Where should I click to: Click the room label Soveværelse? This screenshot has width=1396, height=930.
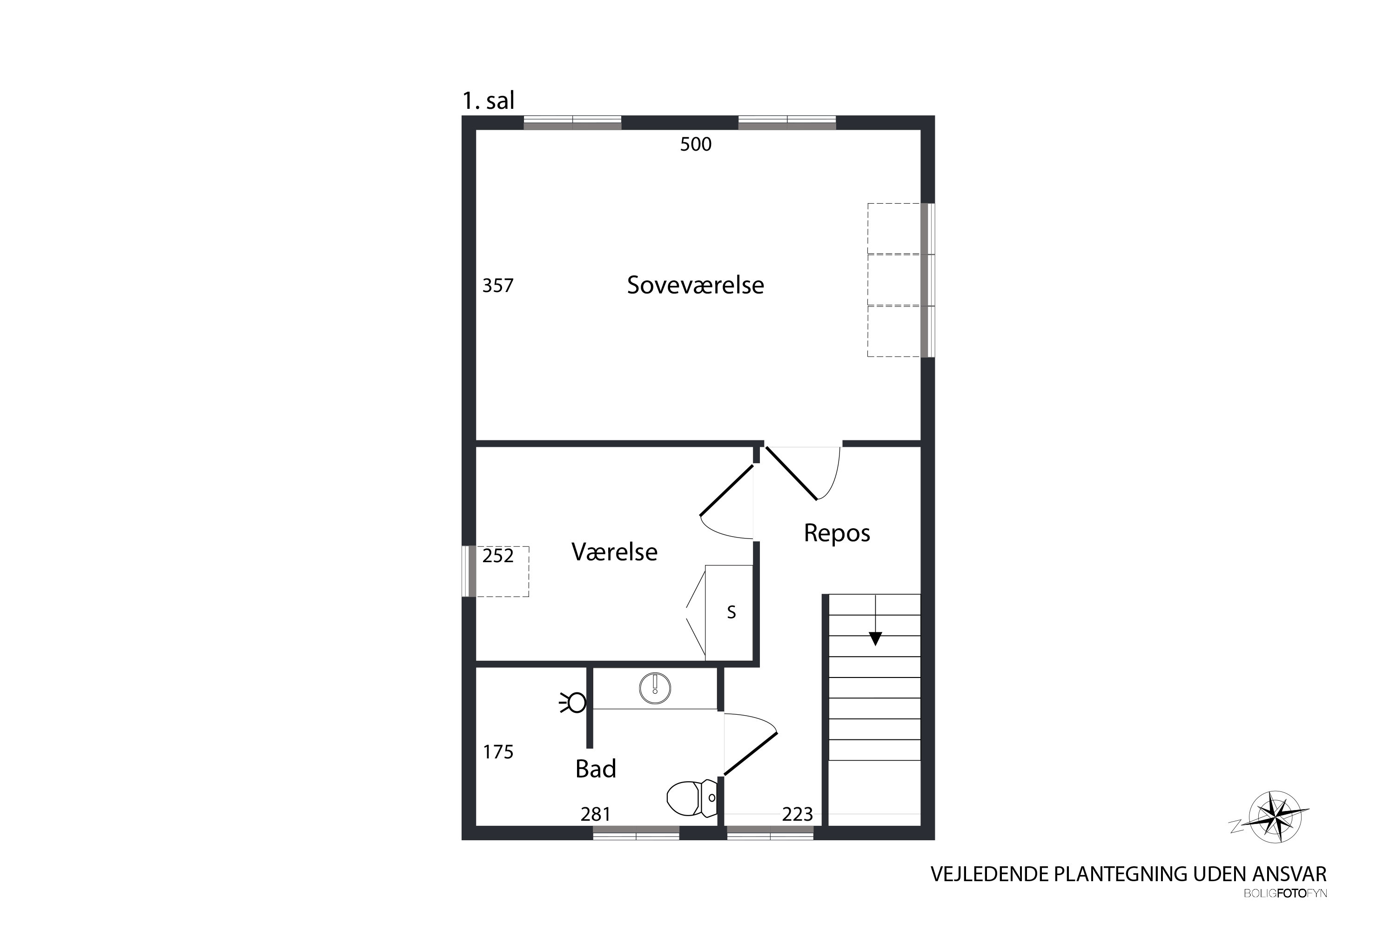[x=695, y=286]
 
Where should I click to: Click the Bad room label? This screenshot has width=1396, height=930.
[x=596, y=769]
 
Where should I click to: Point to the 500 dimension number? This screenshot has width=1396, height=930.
[x=696, y=144]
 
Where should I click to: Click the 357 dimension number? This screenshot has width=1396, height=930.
[x=497, y=286]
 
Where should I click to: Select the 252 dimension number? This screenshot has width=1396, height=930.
[x=497, y=556]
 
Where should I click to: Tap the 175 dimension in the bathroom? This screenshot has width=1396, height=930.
[x=498, y=752]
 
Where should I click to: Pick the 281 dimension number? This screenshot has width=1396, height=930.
[x=595, y=814]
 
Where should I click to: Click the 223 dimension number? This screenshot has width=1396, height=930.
[x=797, y=814]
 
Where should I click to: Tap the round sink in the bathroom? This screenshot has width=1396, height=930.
[x=655, y=689]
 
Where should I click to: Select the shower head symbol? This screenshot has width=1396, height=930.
[x=574, y=703]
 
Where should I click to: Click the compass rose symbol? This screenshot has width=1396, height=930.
[x=1273, y=817]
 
